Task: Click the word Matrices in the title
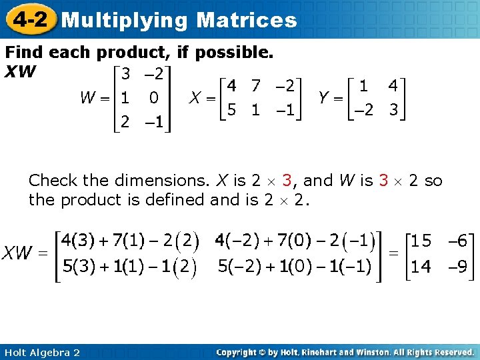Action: tap(247, 19)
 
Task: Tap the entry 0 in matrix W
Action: tap(153, 98)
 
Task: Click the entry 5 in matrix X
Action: tap(231, 111)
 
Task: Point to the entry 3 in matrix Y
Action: tap(393, 111)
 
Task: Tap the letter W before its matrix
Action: tap(87, 98)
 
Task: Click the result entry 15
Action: tap(421, 240)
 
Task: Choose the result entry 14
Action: tap(421, 267)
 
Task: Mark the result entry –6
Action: tap(460, 240)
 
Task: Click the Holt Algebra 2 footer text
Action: tap(42, 352)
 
